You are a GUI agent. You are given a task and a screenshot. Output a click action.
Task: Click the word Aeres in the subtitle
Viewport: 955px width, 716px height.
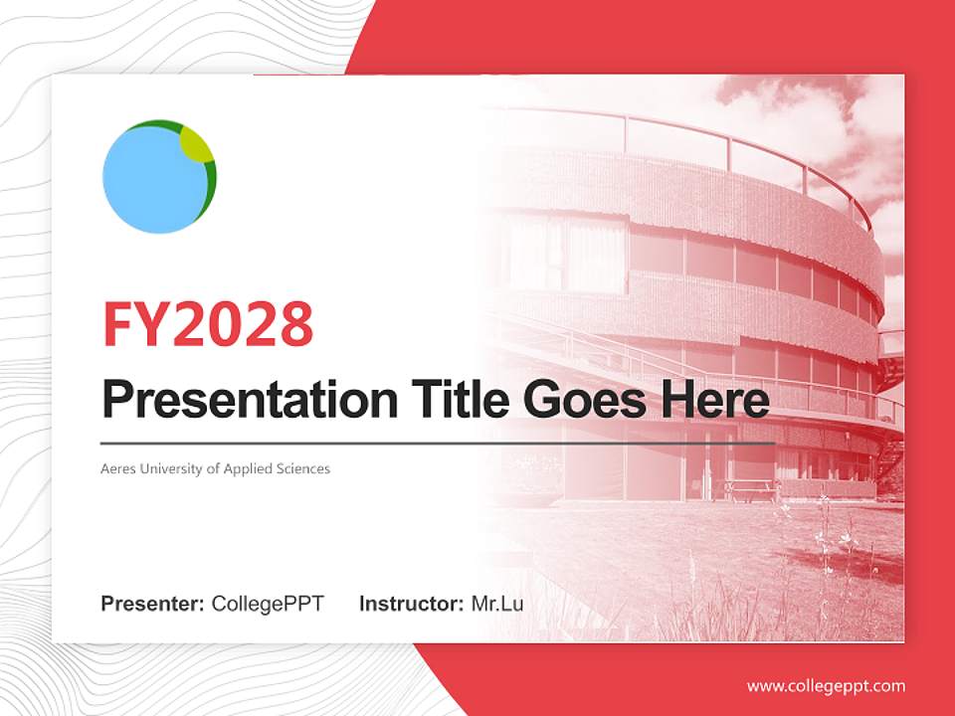[x=117, y=468]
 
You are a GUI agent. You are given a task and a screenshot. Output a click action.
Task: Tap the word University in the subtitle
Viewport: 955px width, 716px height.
[x=169, y=468]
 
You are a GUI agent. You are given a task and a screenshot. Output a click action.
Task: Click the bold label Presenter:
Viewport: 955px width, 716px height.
[x=153, y=604]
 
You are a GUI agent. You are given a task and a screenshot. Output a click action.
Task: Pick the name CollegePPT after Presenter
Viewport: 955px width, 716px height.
[x=268, y=604]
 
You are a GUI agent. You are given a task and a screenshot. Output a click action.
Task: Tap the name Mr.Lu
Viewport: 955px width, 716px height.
[x=496, y=604]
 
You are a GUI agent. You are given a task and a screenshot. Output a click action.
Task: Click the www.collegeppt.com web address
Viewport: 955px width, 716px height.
[x=826, y=685]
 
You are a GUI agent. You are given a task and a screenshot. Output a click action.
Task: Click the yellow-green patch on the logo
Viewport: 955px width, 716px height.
[x=196, y=145]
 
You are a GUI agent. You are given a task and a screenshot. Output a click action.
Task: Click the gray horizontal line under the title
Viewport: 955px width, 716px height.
[x=438, y=443]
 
